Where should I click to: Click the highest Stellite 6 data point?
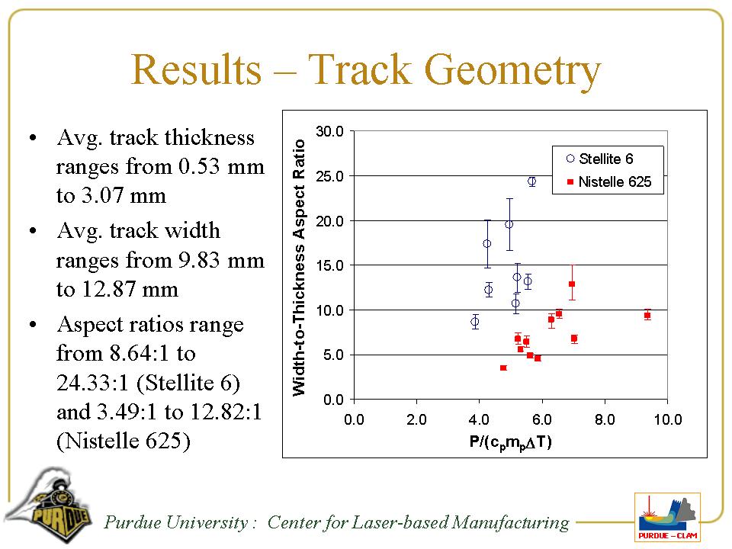pyautogui.click(x=531, y=181)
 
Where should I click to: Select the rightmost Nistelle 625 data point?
pyautogui.click(x=647, y=315)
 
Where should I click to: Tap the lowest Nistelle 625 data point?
pyautogui.click(x=503, y=368)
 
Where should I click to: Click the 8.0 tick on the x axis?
pyautogui.click(x=605, y=420)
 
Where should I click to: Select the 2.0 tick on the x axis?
pyautogui.click(x=416, y=420)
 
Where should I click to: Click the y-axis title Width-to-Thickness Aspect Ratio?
pyautogui.click(x=300, y=267)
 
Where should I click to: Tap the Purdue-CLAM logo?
pyautogui.click(x=667, y=518)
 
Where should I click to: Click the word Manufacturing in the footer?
pyautogui.click(x=510, y=522)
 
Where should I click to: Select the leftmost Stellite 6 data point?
pyautogui.click(x=474, y=322)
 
